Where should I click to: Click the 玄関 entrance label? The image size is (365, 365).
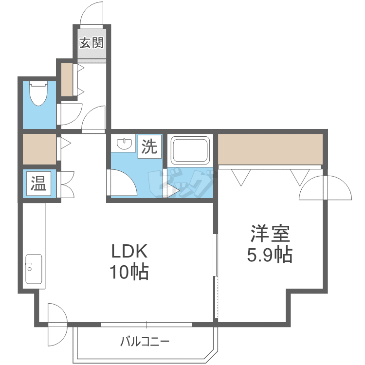tap(91, 43)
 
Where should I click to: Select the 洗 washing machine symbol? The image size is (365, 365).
tap(149, 146)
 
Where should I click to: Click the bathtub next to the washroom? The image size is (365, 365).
tap(190, 150)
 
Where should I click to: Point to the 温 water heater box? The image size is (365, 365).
tap(38, 183)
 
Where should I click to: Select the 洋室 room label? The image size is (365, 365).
tap(270, 234)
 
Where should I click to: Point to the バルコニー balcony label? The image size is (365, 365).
tap(145, 342)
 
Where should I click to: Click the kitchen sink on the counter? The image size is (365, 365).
tap(33, 269)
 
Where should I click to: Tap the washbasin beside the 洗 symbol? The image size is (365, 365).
tap(124, 144)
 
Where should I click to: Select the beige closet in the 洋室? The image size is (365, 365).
tap(270, 149)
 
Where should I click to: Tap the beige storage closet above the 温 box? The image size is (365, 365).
tap(39, 149)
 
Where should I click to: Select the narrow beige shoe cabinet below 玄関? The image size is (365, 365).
tap(67, 79)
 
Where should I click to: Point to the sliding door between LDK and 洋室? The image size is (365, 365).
tap(216, 277)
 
